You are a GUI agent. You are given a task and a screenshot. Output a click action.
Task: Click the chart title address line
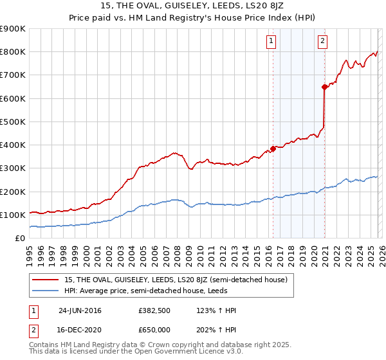192,6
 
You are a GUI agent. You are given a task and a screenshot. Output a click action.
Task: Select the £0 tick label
19,238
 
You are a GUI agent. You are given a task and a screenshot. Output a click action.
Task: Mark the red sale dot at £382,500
273,148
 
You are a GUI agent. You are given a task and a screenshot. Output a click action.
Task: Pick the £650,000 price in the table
154,329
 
